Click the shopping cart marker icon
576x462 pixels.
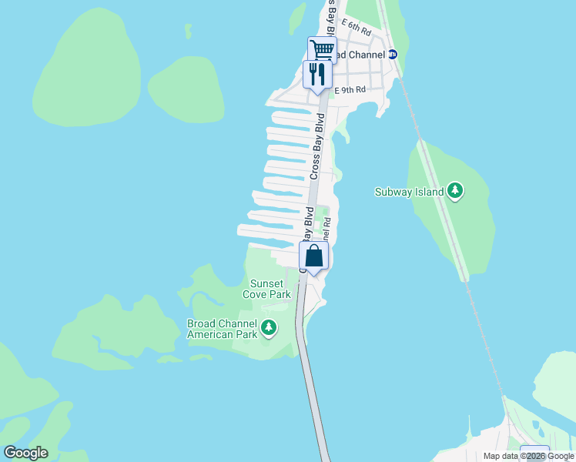pyautogui.click(x=322, y=50)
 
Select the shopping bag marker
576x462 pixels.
pyautogui.click(x=313, y=256)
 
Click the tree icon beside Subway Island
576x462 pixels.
pyautogui.click(x=455, y=191)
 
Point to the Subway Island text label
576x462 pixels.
pyautogui.click(x=409, y=192)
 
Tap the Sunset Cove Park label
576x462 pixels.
pyautogui.click(x=266, y=289)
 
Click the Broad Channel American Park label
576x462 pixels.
pyautogui.click(x=223, y=329)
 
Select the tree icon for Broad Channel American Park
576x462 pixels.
pyautogui.click(x=269, y=329)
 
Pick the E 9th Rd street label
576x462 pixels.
pyautogui.click(x=350, y=90)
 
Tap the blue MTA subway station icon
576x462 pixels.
pyautogui.click(x=392, y=55)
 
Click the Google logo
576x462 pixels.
pyautogui.click(x=25, y=453)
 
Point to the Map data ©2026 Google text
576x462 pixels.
pyautogui.click(x=527, y=457)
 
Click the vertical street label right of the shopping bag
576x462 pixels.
pyautogui.click(x=327, y=229)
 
